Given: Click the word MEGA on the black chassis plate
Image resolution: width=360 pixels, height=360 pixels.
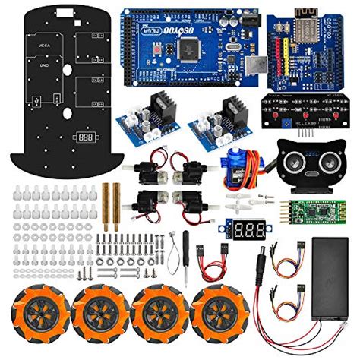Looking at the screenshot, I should click(34, 45).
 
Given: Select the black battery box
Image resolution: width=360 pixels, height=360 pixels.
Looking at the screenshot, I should click(330, 270).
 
